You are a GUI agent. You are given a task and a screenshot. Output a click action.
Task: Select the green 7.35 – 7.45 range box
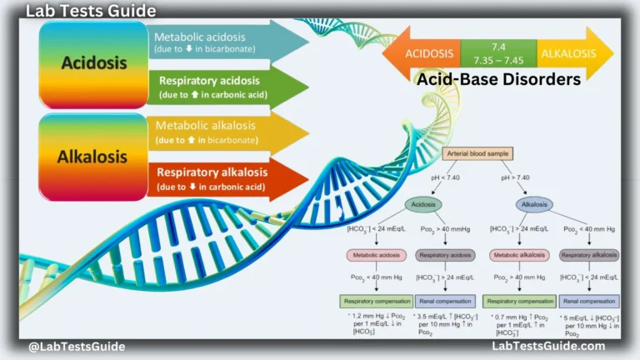coord(498,52)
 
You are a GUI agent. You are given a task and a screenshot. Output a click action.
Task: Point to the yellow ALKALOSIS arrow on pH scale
coord(573,52)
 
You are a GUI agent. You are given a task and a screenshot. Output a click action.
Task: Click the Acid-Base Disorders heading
coord(498,80)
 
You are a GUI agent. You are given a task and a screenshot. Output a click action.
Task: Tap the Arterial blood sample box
coord(477,153)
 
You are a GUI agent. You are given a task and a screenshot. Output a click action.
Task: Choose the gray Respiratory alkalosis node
coord(588,254)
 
